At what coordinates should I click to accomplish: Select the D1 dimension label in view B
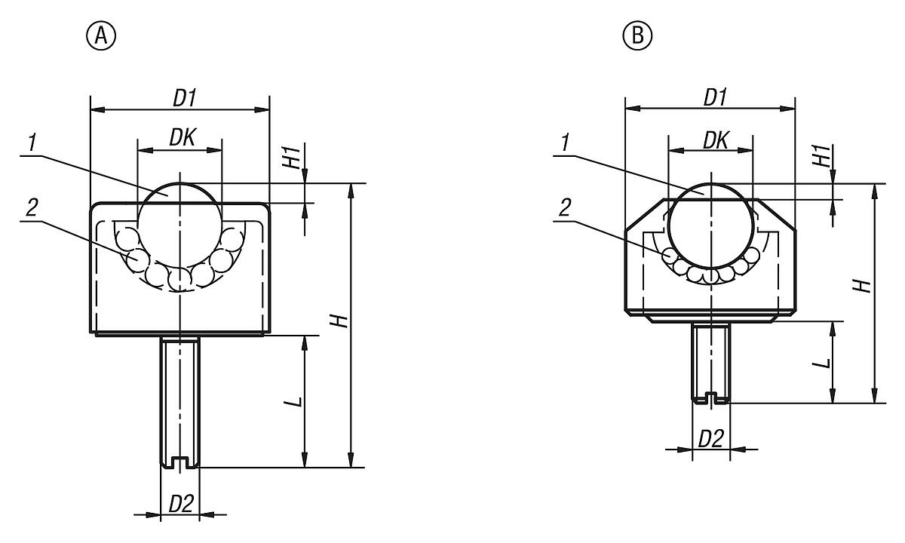pyautogui.click(x=715, y=97)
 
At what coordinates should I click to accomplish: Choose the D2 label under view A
pyautogui.click(x=180, y=504)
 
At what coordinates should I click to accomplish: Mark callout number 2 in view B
pyautogui.click(x=565, y=209)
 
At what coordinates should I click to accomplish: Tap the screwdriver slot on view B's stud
pyautogui.click(x=710, y=397)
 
